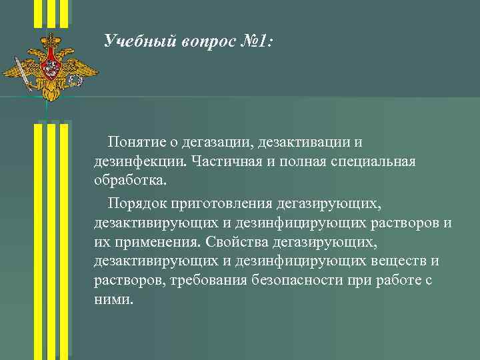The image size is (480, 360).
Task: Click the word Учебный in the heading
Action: (x=138, y=43)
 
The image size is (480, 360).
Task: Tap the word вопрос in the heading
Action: (x=205, y=43)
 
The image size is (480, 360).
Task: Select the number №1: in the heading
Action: (x=255, y=43)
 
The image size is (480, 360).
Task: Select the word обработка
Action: (x=131, y=181)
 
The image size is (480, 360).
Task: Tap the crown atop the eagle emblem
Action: (x=50, y=42)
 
